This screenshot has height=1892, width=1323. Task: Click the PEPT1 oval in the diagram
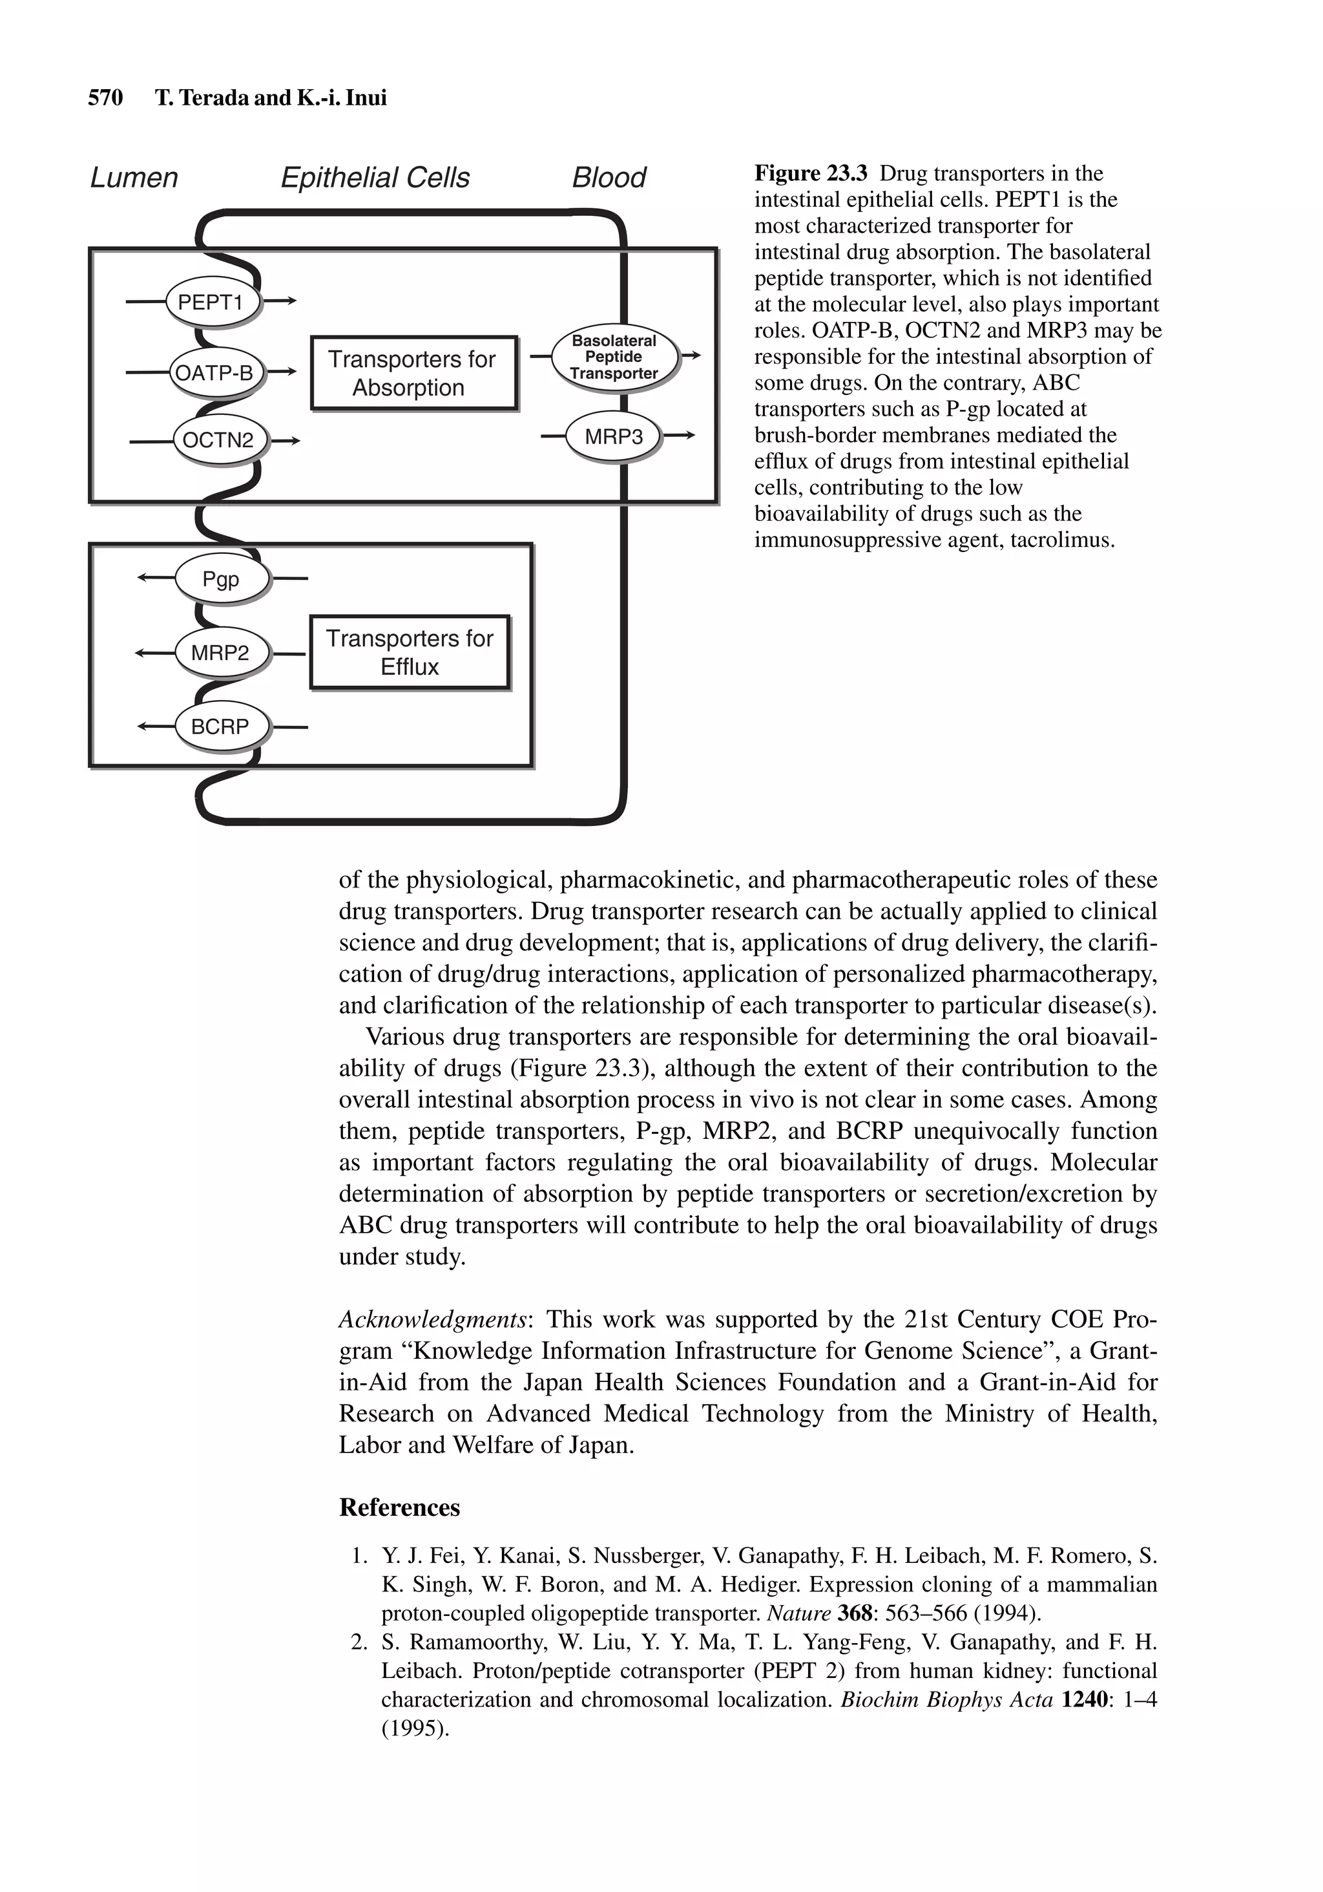tap(212, 303)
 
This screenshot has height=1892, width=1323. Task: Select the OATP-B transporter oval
tap(214, 373)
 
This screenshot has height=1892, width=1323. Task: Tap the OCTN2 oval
tap(218, 440)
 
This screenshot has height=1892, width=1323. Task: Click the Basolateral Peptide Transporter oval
tap(614, 357)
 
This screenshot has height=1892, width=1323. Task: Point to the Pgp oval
tap(221, 579)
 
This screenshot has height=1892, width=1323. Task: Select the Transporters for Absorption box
tap(413, 372)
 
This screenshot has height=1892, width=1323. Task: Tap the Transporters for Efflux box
tap(410, 652)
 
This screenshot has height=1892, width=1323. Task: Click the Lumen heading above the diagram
tap(134, 177)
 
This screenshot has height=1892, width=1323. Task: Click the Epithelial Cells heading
tap(375, 177)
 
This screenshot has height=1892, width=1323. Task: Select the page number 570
tap(105, 98)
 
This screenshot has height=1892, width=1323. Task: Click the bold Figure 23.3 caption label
tap(811, 174)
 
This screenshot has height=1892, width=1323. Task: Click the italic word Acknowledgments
tap(432, 1319)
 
